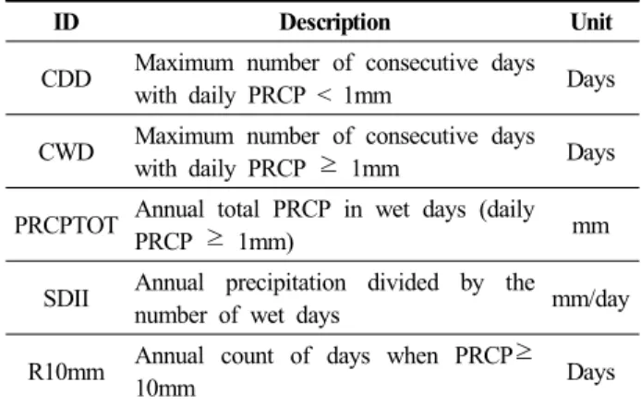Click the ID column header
click(67, 21)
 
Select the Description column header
click(334, 22)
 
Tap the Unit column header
click(591, 21)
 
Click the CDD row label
click(66, 78)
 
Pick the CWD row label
click(66, 152)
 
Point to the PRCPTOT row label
click(67, 225)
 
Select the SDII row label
click(66, 298)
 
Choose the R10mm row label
click(66, 372)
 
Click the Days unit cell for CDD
click(591, 79)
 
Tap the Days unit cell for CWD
click(591, 153)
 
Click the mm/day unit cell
click(591, 299)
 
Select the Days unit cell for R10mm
click(591, 373)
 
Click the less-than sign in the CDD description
click(324, 96)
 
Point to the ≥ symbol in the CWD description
click(328, 165)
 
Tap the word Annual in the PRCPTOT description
click(169, 209)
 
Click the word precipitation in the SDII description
click(285, 283)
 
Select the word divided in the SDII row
click(403, 282)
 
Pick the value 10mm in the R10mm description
click(165, 388)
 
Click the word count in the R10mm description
click(247, 356)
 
